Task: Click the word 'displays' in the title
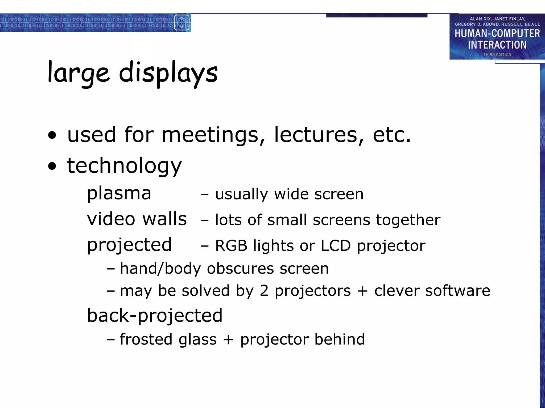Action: [x=168, y=73]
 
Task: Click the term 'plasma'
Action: [x=119, y=193]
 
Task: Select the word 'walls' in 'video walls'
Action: [x=165, y=219]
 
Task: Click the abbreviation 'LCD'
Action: [x=336, y=246]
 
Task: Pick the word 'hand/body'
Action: [x=160, y=269]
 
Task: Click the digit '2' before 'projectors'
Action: [x=264, y=291]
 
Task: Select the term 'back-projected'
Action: [x=155, y=316]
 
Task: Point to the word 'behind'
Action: [x=339, y=339]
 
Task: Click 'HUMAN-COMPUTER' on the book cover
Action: [x=497, y=34]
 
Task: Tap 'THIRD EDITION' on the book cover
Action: [x=497, y=55]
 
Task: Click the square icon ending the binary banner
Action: [x=182, y=23]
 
